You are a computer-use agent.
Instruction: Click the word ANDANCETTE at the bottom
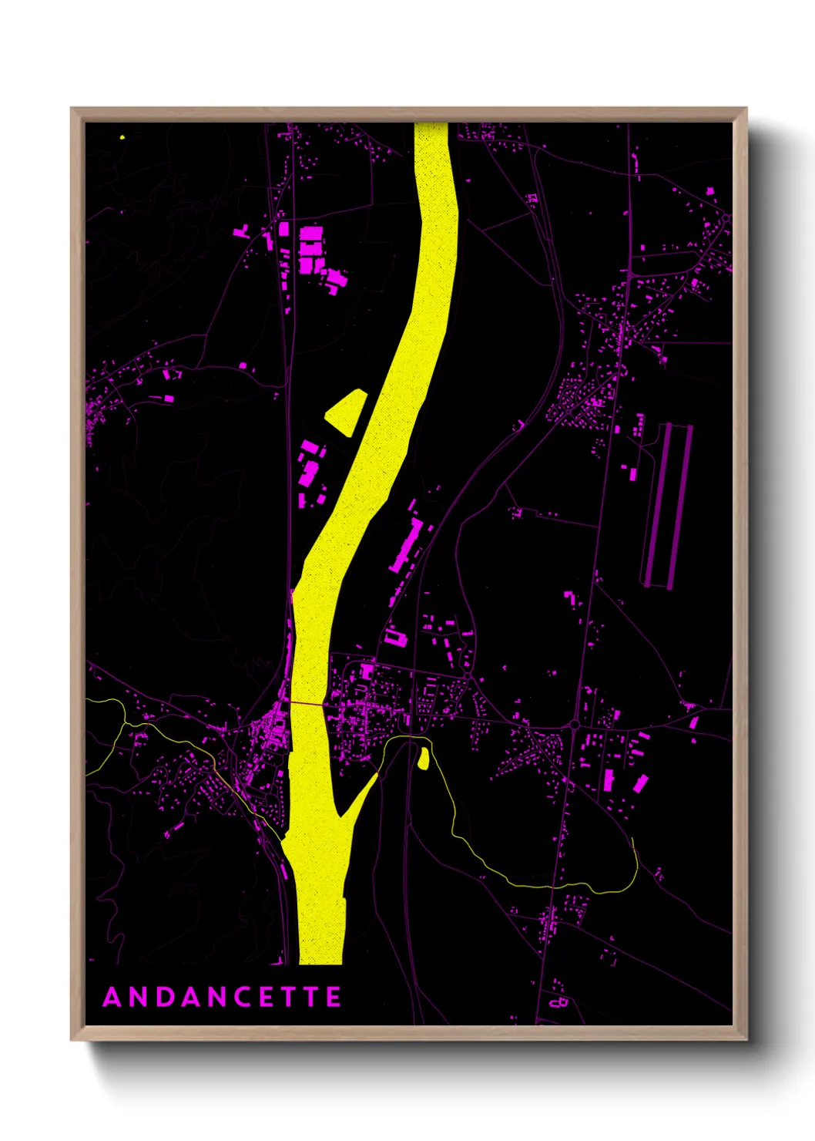tap(222, 997)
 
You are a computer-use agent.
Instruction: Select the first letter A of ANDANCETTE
tap(112, 997)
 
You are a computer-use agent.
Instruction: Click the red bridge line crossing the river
tap(310, 703)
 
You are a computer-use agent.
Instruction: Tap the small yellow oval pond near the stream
tap(423, 759)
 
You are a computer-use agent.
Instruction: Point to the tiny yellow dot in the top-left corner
tap(122, 137)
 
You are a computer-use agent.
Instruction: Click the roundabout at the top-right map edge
tap(725, 219)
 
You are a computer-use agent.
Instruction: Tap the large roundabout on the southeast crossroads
tap(574, 725)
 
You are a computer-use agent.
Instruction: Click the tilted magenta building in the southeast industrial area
tap(640, 785)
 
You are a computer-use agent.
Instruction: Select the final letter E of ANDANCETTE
tap(334, 997)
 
